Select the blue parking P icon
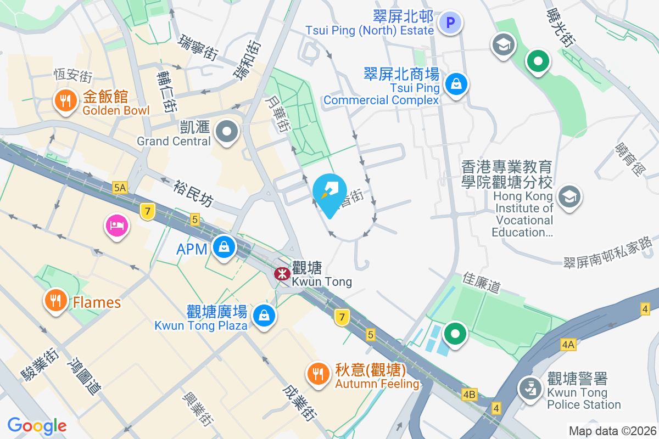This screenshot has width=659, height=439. pos(451,22)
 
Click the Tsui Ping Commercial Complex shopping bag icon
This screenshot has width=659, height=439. pos(456,85)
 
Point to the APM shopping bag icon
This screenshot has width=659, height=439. pos(224,247)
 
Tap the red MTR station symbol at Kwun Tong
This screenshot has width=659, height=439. pos(282,273)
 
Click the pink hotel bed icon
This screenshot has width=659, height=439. pos(117,225)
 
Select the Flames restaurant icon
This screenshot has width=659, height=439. pos(55,300)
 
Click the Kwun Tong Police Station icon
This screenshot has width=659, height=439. pos(530,389)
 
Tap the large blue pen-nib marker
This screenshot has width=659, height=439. pos(329,193)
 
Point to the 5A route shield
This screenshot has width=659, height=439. pos(120,188)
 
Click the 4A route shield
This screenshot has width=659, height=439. pos(568,345)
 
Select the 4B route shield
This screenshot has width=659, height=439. pos(470,394)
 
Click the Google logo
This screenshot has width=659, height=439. pos(37,426)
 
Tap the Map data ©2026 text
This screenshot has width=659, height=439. pos(612,431)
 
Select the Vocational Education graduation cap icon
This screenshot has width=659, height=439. pos(569,195)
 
